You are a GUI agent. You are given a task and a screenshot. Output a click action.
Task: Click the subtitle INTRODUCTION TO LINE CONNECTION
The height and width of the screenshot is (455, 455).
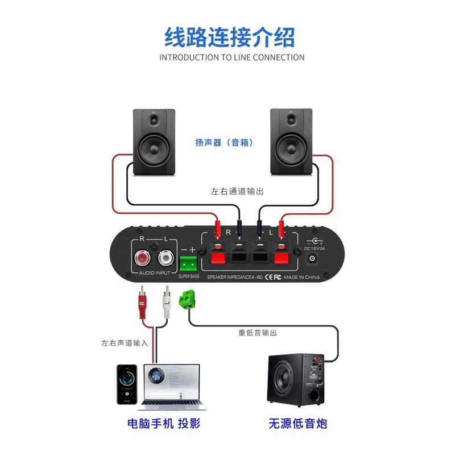coord(231,57)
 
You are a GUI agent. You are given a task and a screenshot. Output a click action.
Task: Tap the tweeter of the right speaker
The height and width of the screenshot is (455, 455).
coord(292,121)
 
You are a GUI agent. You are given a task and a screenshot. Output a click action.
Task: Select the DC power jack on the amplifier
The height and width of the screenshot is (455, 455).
coord(313,259)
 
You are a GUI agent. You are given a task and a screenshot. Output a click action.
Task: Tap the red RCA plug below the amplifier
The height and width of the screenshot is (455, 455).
coord(142,305)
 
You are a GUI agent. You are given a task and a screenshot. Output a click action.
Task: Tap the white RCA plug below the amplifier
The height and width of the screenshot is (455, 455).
coord(166,305)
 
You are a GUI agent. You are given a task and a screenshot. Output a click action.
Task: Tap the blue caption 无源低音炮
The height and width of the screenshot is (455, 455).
coord(298,424)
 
